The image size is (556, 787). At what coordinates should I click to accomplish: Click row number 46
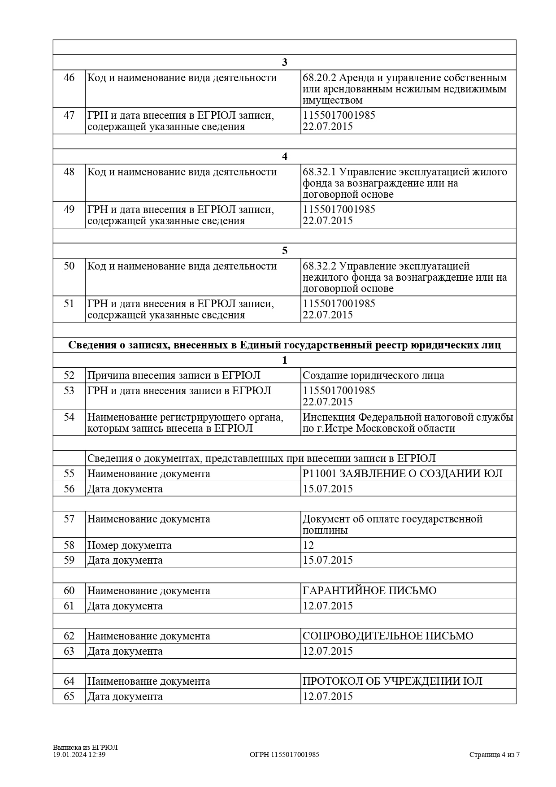pos(69,78)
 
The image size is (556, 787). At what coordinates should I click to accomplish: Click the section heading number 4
pos(284,157)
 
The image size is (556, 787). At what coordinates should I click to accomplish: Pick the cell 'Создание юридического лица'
pos(373,375)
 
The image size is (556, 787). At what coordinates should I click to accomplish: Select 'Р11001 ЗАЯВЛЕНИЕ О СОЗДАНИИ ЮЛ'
pos(402,474)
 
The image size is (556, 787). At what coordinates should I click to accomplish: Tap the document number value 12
pos(308,545)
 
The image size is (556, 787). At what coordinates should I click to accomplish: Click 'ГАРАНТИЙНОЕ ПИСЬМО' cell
pos(369,591)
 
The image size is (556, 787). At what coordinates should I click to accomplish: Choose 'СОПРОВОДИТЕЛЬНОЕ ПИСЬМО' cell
pos(388,636)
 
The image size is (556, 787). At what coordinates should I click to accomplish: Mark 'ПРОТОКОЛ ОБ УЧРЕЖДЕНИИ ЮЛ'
pos(392,681)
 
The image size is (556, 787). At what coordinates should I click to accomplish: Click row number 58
pos(69,545)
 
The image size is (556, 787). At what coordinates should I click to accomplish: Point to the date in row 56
pos(328,489)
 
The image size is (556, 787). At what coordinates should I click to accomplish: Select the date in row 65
pos(328,696)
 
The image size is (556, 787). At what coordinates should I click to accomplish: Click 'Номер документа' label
pos(129,545)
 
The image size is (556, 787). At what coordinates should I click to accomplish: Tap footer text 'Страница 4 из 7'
pos(494,755)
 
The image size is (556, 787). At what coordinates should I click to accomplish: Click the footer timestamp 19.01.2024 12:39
pos(79,755)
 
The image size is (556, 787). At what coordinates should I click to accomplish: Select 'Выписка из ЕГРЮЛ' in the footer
pos(85,748)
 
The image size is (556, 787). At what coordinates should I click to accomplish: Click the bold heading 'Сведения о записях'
pos(284,345)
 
